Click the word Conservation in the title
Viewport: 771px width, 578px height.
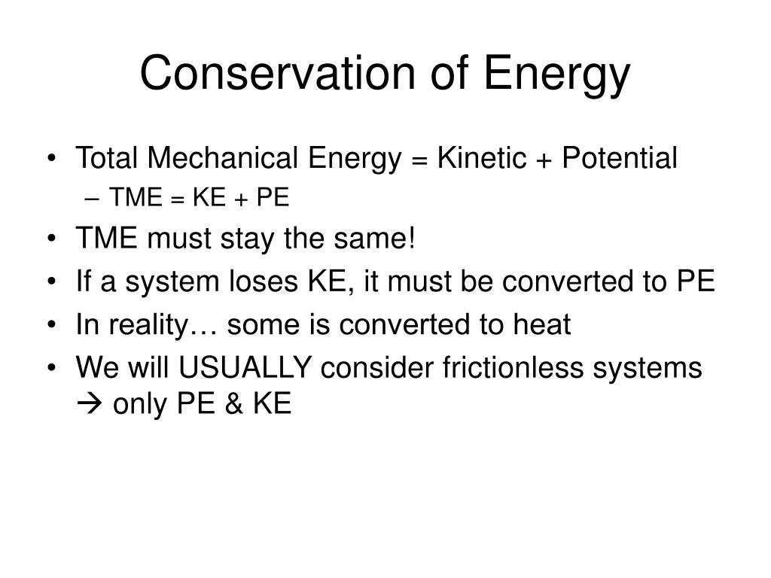tap(278, 73)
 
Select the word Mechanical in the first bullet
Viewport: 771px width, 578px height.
tap(222, 158)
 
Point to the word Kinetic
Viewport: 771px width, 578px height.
tap(482, 158)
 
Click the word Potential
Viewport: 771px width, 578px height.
tap(620, 158)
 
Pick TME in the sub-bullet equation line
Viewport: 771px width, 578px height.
tap(136, 198)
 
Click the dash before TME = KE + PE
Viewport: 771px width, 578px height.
tap(92, 199)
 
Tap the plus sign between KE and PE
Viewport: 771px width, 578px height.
tap(241, 199)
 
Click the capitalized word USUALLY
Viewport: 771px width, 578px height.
tap(245, 367)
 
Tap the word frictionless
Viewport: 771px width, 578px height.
tap(513, 367)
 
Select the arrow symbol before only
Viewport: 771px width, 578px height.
tap(89, 404)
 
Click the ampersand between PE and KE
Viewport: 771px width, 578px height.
tap(234, 403)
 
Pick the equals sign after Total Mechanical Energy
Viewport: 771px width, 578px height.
tap(419, 160)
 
